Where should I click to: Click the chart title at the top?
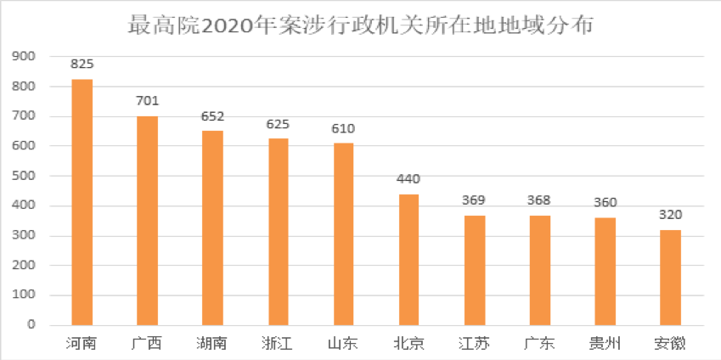coord(360,25)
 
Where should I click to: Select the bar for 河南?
coord(82,202)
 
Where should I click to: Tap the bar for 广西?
coord(148,221)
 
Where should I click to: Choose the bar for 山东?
coord(343,234)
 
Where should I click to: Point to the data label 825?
coord(82,64)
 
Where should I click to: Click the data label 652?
coord(212,116)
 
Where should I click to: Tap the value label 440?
coord(408,179)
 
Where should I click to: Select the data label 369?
coord(474,200)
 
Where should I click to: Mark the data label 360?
coord(605,202)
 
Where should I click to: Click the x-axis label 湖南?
coord(212,344)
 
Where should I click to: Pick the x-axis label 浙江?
coord(278,344)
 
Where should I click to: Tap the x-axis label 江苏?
coord(474,344)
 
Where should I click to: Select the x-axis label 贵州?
coord(605,344)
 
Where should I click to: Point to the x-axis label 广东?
coord(539,344)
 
